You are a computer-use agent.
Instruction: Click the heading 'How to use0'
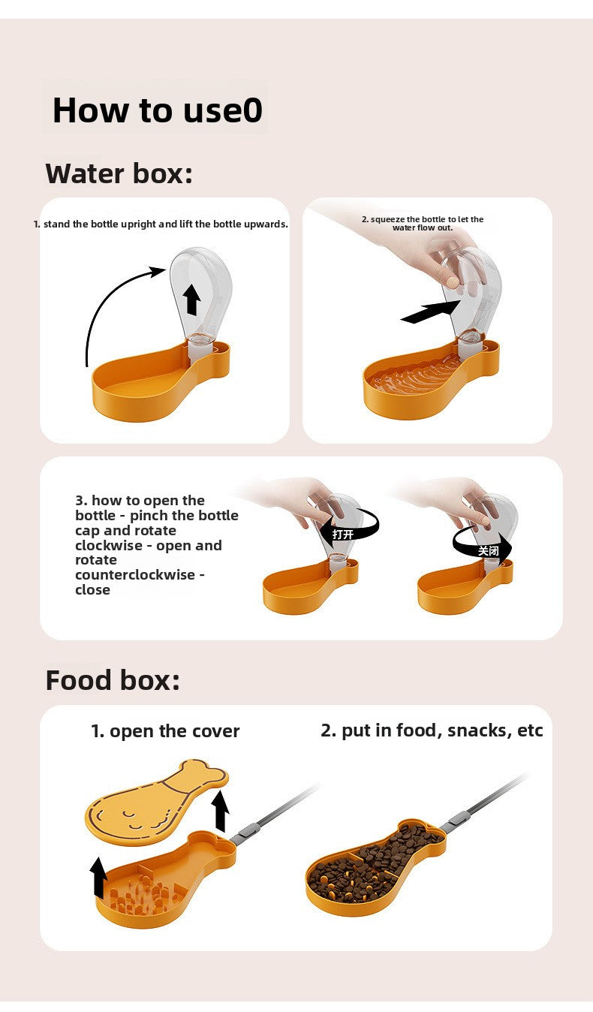pos(157,110)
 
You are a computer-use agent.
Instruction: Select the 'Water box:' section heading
pos(119,173)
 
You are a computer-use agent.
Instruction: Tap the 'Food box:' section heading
pos(113,680)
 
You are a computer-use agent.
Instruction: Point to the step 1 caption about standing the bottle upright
pos(161,224)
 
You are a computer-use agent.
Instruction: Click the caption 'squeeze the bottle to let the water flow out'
pos(423,223)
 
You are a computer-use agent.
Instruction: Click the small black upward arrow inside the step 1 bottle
pos(192,299)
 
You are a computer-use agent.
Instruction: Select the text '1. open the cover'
pos(165,731)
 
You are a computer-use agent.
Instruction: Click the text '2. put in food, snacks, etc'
pos(432,730)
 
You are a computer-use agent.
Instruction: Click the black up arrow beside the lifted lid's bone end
pos(220,811)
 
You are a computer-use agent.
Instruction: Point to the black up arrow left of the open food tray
pos(98,878)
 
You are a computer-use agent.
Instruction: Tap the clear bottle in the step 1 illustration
pos(199,289)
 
